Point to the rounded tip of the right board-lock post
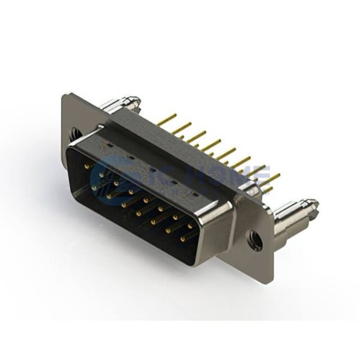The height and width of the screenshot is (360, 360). click(313, 206)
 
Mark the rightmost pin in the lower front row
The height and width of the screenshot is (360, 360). click(184, 238)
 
